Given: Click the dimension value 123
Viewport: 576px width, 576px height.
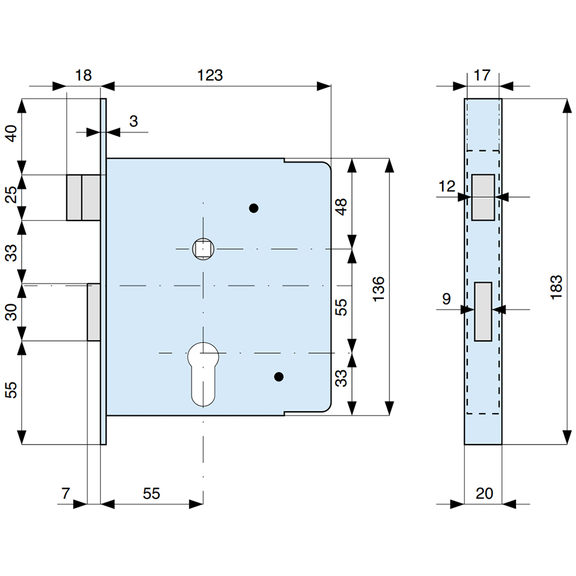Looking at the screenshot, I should pos(210,75).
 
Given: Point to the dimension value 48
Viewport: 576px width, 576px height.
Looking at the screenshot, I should pos(342,207).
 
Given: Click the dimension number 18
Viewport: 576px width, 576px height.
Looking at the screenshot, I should pos(84,75).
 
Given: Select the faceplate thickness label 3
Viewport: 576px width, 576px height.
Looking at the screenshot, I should pos(133,121).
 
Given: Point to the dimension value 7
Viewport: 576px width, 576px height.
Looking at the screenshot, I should pos(66,494).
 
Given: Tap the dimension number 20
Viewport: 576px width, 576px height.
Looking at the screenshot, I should pos(484,494).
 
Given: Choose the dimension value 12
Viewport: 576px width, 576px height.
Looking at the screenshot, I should pos(446,186).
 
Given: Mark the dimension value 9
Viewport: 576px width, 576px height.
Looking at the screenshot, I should pos(446,298).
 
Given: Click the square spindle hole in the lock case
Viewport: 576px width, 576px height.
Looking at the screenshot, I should pos(203,249).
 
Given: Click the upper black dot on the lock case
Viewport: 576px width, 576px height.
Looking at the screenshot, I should pos(253,209).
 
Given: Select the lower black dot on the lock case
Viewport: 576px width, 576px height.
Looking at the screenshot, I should pos(279,377).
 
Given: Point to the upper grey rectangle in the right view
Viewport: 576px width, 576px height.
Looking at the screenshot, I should pos(483,197).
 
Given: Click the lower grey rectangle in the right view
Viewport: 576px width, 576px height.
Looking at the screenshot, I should pos(483,311).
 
